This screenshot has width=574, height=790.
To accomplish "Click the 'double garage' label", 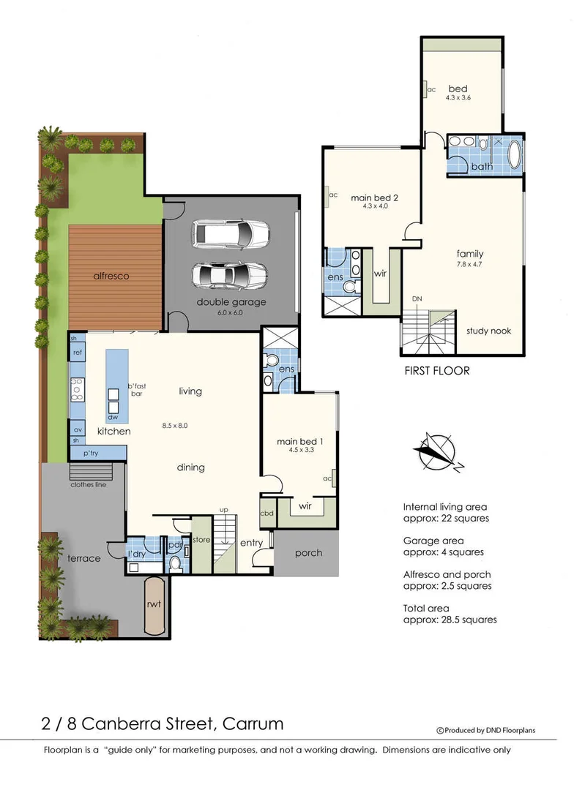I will point(231,302).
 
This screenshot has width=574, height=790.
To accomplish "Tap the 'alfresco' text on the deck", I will point(111,276).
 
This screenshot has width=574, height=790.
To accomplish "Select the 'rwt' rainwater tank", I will point(154,606).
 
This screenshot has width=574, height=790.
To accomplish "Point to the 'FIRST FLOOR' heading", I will point(437,371).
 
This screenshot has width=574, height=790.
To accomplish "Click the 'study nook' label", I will point(488,331).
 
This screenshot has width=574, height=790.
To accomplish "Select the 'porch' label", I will point(308,552).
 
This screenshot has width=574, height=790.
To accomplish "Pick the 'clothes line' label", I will point(89,484).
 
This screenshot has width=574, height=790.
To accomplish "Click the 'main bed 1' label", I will point(299,441).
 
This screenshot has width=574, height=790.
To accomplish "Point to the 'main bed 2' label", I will point(374,197).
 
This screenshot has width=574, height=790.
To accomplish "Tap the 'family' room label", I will point(469,254).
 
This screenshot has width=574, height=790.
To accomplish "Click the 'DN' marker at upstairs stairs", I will point(417,299).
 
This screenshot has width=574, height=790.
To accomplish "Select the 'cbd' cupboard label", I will point(266,513).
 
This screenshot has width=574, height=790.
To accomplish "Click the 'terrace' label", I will point(84,558).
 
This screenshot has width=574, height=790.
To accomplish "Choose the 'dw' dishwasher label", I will point(113,417).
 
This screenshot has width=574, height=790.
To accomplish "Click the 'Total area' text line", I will point(425,608).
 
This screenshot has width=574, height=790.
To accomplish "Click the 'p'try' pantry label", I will point(90,454).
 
